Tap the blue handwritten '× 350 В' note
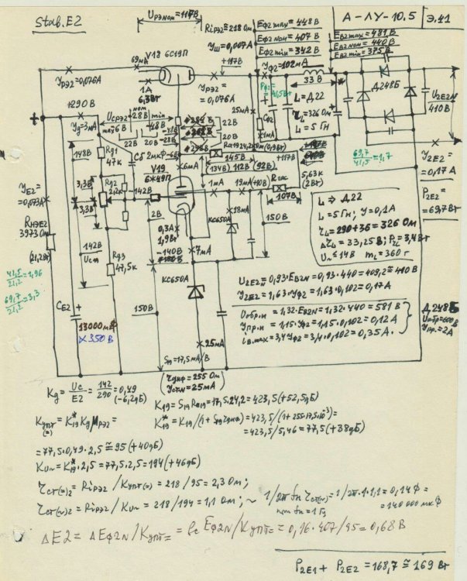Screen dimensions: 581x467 click(94, 339)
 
